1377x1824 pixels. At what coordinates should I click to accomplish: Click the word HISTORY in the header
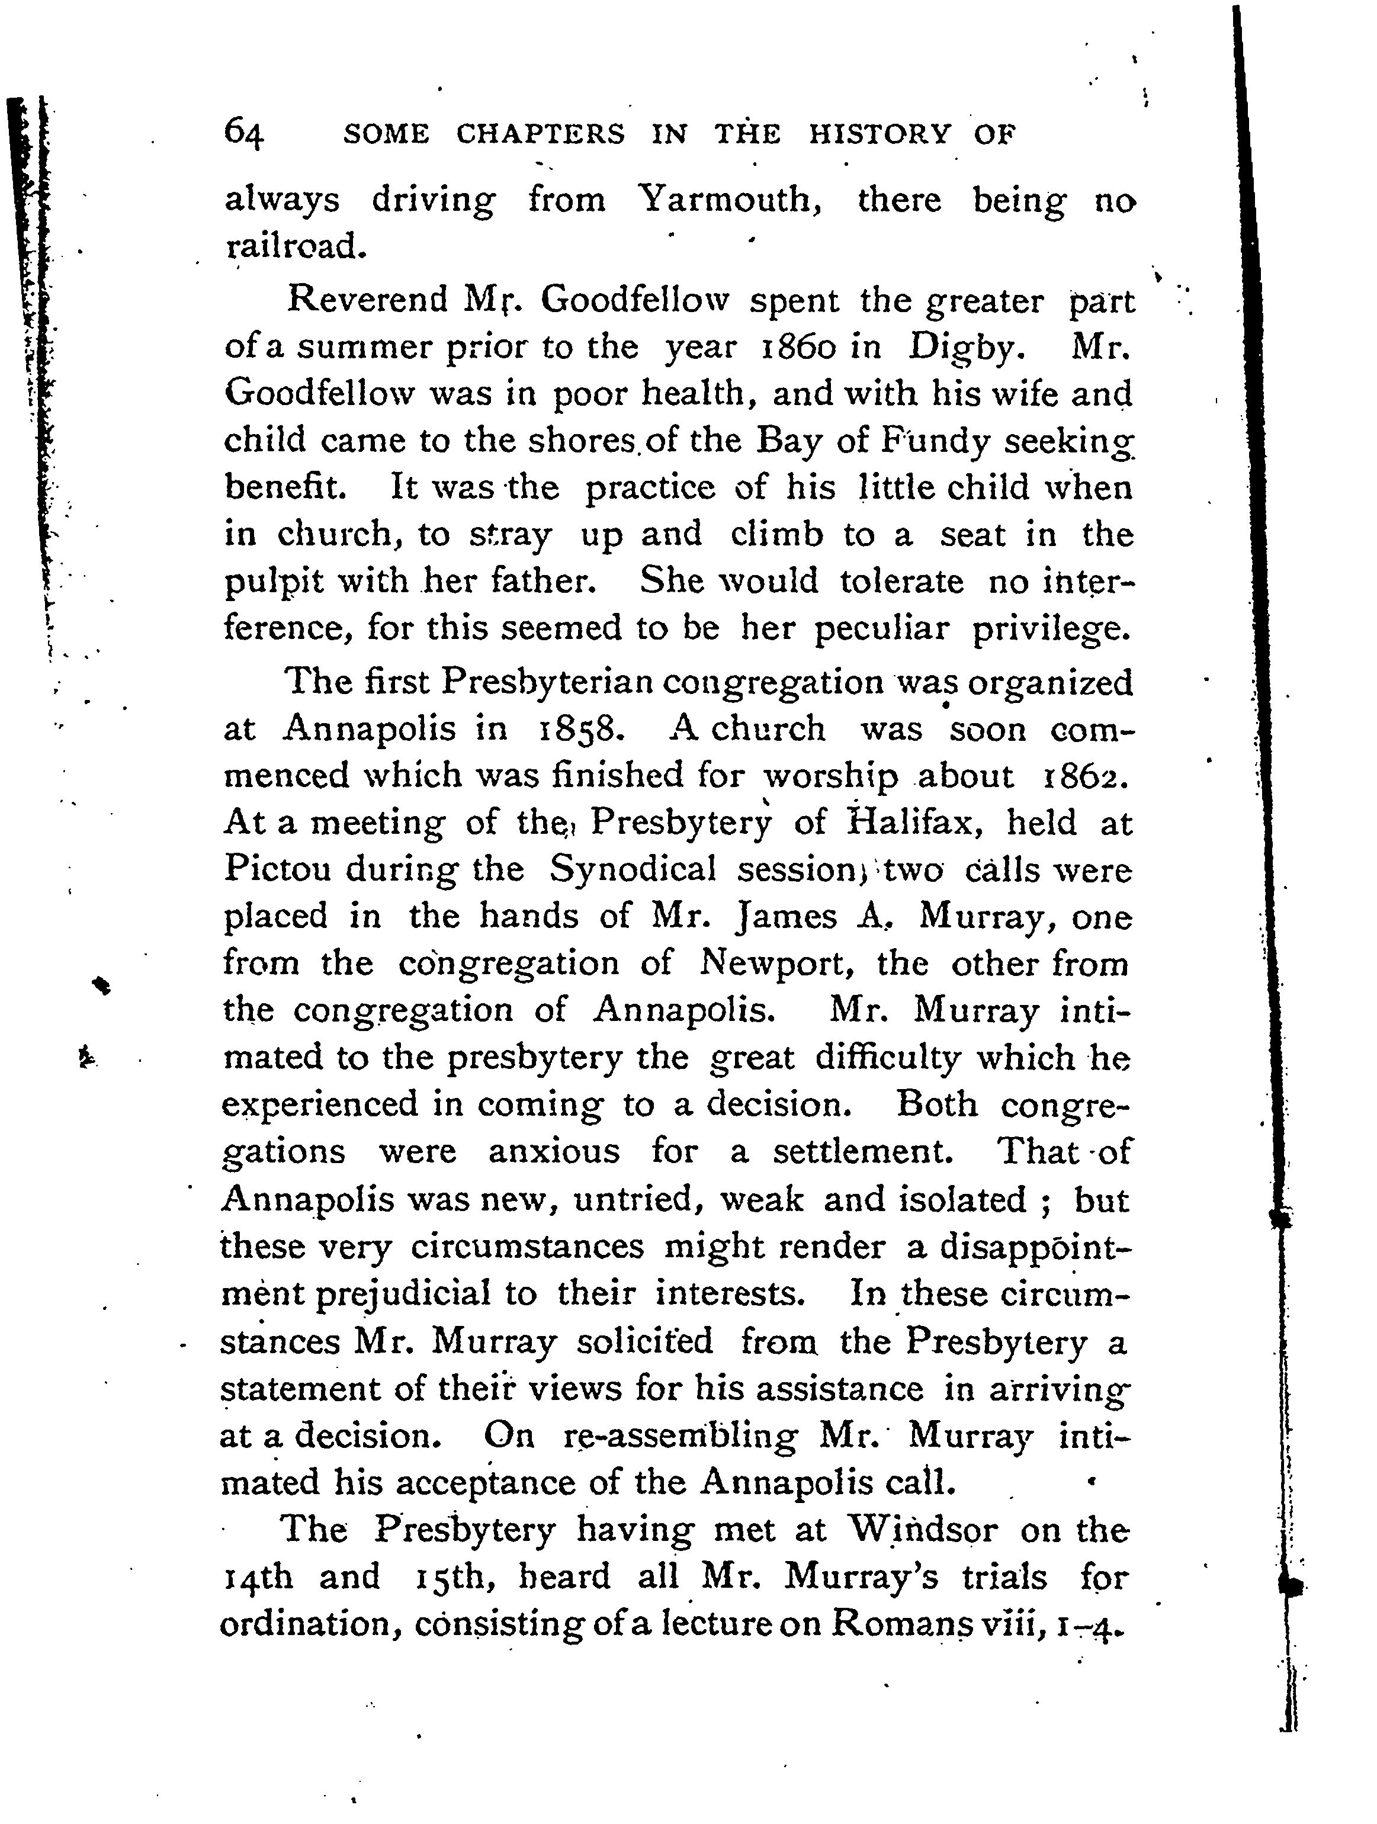click(879, 134)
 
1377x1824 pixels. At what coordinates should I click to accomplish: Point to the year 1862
click(1085, 776)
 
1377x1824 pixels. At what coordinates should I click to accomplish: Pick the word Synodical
click(633, 869)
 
